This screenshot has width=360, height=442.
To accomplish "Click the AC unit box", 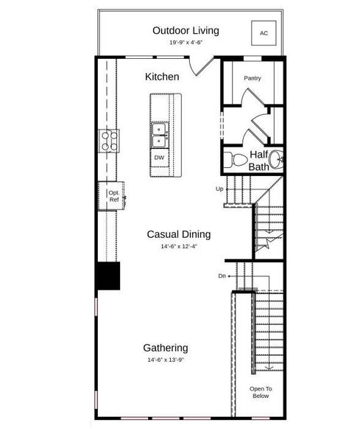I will (264, 33).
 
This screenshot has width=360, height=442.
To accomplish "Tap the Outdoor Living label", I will (186, 30).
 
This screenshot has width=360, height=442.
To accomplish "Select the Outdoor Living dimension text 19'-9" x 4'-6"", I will (186, 43).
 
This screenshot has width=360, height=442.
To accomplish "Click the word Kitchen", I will (162, 77).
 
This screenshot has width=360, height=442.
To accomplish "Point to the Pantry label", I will (253, 78).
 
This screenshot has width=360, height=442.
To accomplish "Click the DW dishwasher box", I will (159, 158).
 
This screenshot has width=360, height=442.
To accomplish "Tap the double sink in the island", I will (160, 133).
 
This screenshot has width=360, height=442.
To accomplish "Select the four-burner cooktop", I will (110, 140).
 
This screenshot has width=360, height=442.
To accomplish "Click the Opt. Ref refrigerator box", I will (113, 196).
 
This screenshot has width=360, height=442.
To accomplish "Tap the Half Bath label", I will (258, 161).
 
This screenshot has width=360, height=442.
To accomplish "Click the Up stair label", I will (219, 189).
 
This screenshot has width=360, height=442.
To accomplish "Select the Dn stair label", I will (222, 276).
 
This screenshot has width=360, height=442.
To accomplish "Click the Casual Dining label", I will (178, 234).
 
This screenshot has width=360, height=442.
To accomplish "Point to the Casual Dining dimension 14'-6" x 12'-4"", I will (179, 247).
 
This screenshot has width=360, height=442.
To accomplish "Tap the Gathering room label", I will (165, 348).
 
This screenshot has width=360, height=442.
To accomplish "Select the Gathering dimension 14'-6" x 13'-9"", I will (165, 360).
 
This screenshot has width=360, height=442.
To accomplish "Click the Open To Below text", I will (260, 392).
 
